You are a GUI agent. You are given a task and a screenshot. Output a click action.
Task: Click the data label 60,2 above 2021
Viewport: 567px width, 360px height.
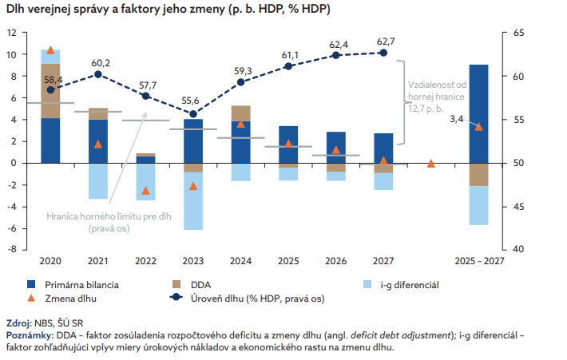pyautogui.click(x=101, y=63)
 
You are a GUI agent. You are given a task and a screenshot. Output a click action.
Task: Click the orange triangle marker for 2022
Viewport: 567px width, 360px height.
pyautogui.click(x=145, y=191)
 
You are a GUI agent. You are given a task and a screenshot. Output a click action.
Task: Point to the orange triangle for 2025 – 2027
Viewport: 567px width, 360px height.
pyautogui.click(x=478, y=126)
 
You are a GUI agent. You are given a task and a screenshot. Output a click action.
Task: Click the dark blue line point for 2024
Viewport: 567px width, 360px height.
pyautogui.click(x=240, y=82)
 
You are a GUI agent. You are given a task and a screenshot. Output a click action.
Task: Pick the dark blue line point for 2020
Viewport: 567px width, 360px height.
pyautogui.click(x=51, y=89)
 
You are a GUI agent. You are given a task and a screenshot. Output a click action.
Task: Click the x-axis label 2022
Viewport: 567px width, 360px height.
pyautogui.click(x=145, y=261)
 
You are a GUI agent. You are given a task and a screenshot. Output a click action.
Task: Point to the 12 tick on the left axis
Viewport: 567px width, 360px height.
pyautogui.click(x=11, y=33)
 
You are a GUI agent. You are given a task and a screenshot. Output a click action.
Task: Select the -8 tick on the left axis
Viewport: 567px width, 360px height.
pyautogui.click(x=11, y=249)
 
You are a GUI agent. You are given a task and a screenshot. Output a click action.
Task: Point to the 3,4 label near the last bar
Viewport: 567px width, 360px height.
pyautogui.click(x=457, y=120)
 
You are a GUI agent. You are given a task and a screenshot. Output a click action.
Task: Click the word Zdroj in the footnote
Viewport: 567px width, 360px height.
pyautogui.click(x=18, y=323)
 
